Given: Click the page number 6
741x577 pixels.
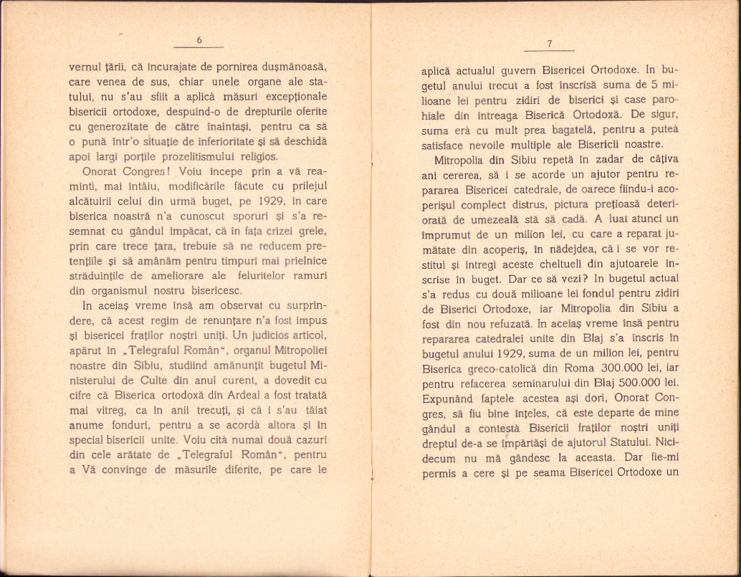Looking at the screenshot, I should click(x=200, y=41).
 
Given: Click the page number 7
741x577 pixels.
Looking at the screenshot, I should click(x=549, y=44).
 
